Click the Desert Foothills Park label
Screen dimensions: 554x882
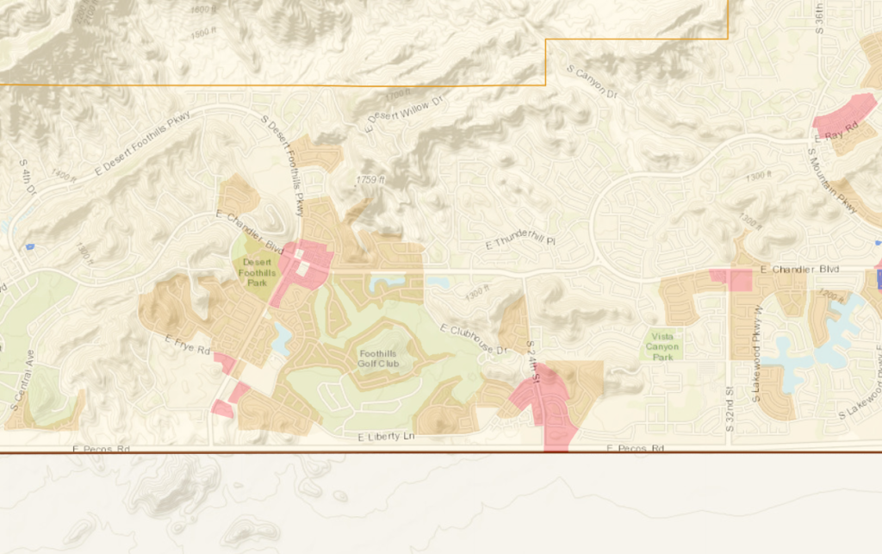[257, 271]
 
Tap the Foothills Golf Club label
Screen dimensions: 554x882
[379, 358]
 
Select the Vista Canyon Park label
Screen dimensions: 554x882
[662, 346]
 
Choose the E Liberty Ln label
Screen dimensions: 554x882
[386, 439]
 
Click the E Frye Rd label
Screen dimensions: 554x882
[188, 345]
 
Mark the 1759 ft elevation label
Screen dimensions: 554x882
[369, 180]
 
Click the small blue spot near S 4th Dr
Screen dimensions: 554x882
[30, 247]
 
